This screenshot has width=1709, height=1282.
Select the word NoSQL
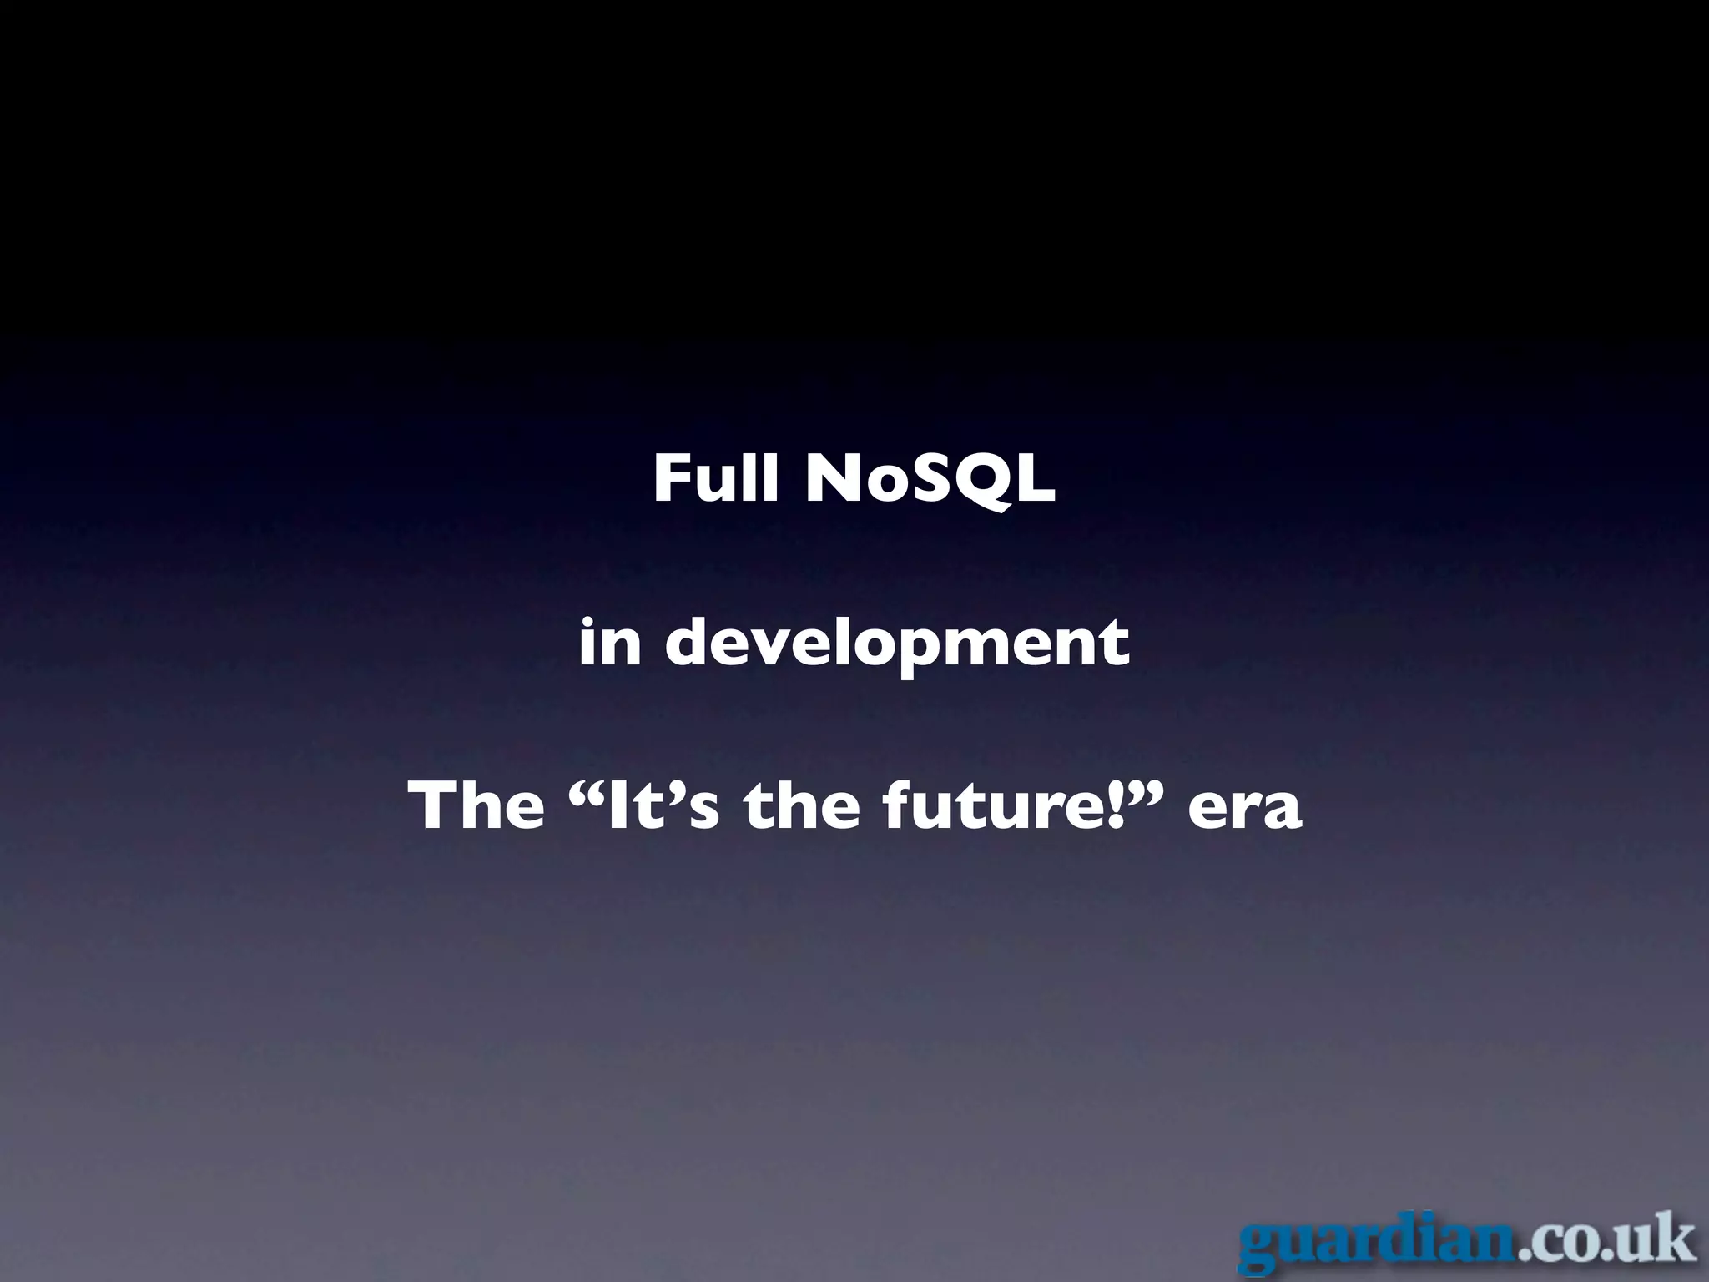point(930,481)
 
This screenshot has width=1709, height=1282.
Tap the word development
point(897,644)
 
